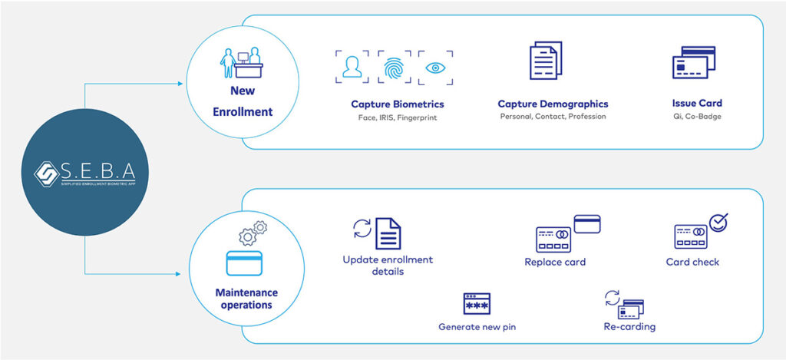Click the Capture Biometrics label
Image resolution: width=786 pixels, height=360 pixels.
397,104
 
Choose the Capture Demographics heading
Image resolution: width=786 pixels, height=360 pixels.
553,104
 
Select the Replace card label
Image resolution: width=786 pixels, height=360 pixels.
555,263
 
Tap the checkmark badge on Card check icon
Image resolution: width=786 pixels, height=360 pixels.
718,223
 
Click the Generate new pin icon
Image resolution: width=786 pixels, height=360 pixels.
477,304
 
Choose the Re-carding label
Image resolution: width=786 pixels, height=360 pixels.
629,327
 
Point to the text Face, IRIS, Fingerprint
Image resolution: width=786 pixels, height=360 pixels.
397,117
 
